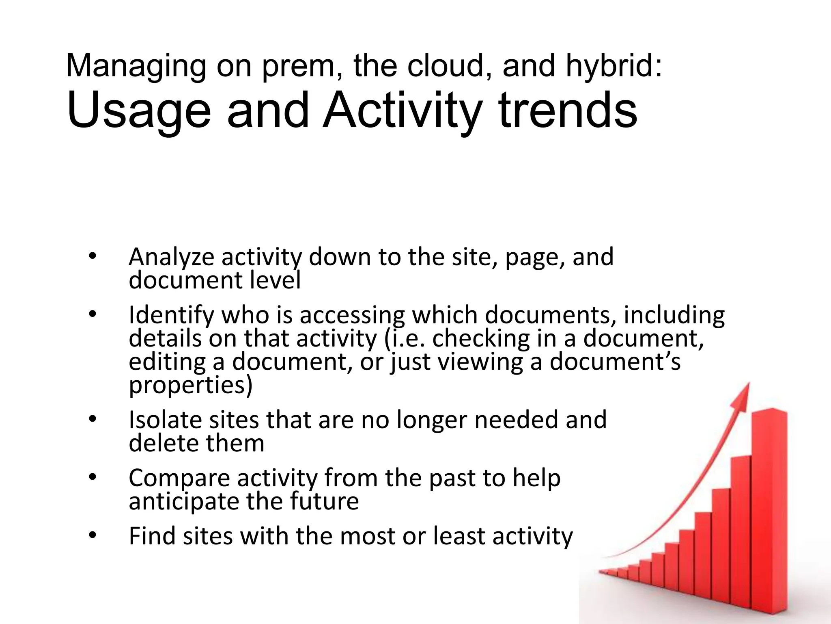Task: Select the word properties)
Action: coord(190,386)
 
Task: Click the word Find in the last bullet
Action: coord(152,536)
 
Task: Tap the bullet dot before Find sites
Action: coord(93,536)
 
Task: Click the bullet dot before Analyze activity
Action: coord(93,257)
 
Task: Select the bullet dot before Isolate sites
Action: coord(93,420)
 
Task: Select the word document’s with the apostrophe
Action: coord(615,362)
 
